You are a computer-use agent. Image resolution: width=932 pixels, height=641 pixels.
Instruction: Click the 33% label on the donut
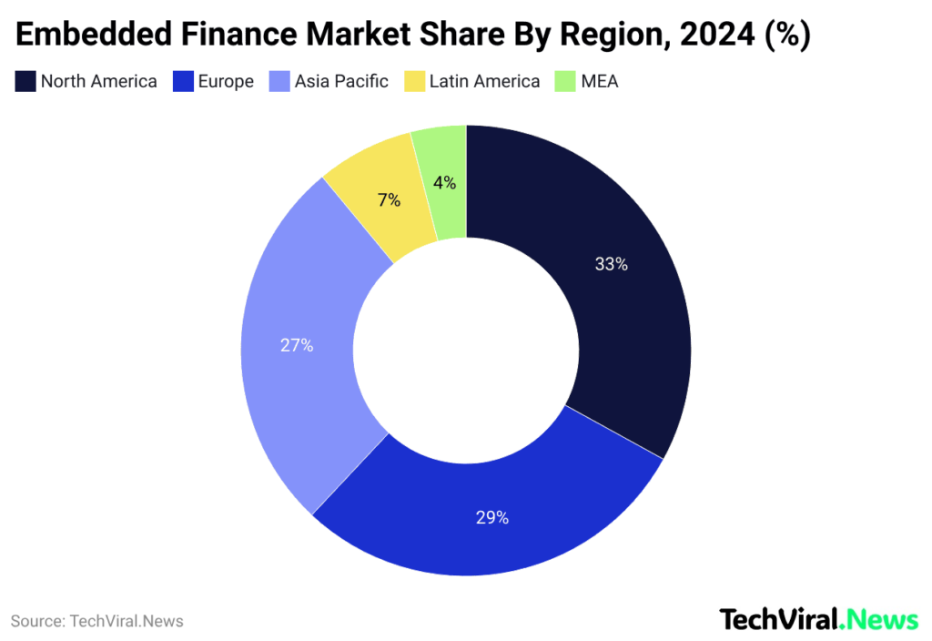[611, 265]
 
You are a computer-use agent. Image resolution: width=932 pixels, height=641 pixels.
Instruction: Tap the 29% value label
[491, 518]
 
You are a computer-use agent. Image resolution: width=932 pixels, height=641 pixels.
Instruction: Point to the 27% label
[297, 346]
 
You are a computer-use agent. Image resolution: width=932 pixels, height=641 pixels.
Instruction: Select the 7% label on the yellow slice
[389, 200]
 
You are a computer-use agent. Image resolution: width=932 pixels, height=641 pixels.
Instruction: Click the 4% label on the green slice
[444, 183]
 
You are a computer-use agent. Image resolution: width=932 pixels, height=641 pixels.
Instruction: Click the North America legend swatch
[25, 82]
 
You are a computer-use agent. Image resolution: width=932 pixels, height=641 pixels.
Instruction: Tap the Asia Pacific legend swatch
[279, 82]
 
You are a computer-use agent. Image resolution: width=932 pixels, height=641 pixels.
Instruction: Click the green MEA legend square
[565, 82]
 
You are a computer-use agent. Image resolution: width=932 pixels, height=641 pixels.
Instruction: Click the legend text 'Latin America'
[484, 82]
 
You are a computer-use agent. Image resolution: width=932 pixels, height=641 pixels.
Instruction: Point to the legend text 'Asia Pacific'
[341, 82]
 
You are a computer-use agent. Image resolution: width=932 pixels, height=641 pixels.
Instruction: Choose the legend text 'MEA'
[600, 82]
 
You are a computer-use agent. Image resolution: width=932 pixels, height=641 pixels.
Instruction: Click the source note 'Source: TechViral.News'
[97, 622]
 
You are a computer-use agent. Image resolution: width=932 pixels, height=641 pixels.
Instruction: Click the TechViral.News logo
[819, 620]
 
